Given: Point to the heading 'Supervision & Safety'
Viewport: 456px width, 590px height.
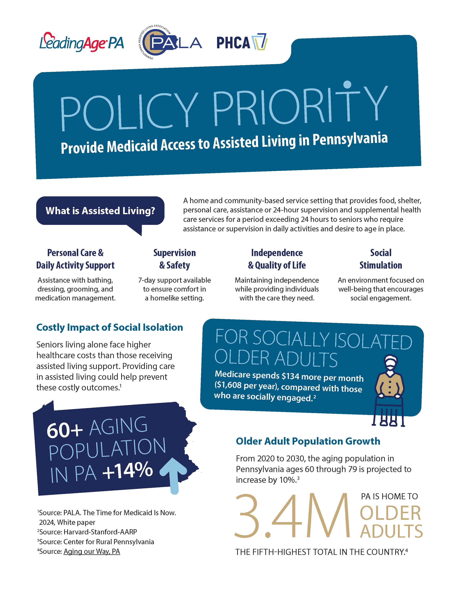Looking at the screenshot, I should [174, 259].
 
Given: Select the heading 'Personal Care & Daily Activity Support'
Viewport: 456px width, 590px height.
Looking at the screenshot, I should [75, 259].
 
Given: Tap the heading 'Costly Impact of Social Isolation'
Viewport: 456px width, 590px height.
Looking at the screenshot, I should [110, 327].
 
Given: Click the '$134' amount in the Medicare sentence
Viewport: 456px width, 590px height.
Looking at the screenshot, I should [290, 376].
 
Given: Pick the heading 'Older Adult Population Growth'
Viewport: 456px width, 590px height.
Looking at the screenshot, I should [308, 441].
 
